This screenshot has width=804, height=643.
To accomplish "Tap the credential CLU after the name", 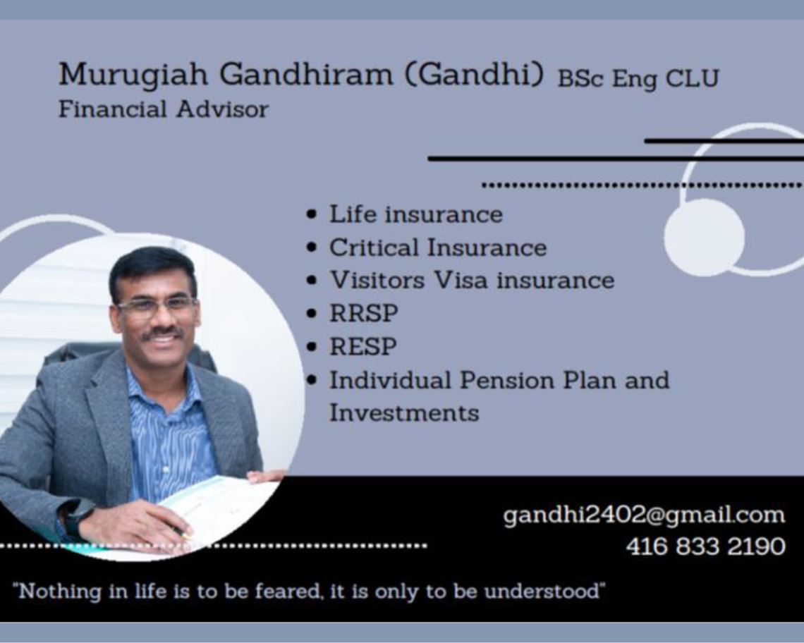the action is coord(693,78).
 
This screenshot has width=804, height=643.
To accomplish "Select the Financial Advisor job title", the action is coord(163,109).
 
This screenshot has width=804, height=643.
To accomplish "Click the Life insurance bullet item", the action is coord(416,214).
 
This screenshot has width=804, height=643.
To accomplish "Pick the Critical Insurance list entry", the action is coord(438,247).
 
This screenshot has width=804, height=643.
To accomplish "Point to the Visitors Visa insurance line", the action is coord(472,280).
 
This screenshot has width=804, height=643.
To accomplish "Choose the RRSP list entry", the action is coord(363,313).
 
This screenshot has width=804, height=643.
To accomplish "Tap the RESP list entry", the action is coord(363,346).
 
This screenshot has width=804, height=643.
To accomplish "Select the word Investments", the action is coord(404,412).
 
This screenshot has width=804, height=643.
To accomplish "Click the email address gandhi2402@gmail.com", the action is coord(644,515).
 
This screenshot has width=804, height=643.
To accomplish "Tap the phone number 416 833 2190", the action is coord(705,546).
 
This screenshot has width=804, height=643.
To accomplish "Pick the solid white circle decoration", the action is coord(705,236).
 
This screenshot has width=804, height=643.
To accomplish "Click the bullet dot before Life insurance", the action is coord(312,215).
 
